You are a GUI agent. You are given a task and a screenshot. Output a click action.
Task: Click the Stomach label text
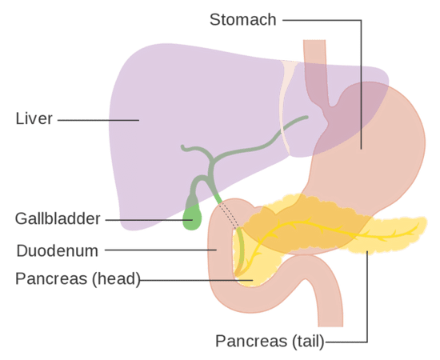click(x=243, y=20)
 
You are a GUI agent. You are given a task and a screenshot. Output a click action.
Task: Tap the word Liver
click(x=34, y=118)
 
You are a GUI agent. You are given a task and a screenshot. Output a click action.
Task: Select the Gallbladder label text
click(x=58, y=219)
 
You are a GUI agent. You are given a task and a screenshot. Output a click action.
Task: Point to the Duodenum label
click(x=58, y=251)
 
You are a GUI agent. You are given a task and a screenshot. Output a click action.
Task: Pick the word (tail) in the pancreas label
click(x=308, y=342)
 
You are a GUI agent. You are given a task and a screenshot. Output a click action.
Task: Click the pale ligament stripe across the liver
click(x=286, y=106)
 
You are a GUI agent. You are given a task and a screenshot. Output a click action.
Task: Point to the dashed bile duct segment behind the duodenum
click(x=229, y=215)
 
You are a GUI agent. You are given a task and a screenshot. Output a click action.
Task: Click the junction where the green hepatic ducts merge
click(x=213, y=161)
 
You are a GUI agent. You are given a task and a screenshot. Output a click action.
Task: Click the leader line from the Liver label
click(x=98, y=120)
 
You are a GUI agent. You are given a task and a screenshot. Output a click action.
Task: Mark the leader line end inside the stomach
click(x=361, y=149)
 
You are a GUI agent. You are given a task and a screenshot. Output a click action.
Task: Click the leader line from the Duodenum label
click(x=161, y=250)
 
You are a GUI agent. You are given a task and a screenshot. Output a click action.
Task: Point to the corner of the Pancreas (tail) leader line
click(x=367, y=342)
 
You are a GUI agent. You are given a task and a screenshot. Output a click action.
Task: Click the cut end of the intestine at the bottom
click(x=331, y=326)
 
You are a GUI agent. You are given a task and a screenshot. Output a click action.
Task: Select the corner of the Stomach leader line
click(x=361, y=20)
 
